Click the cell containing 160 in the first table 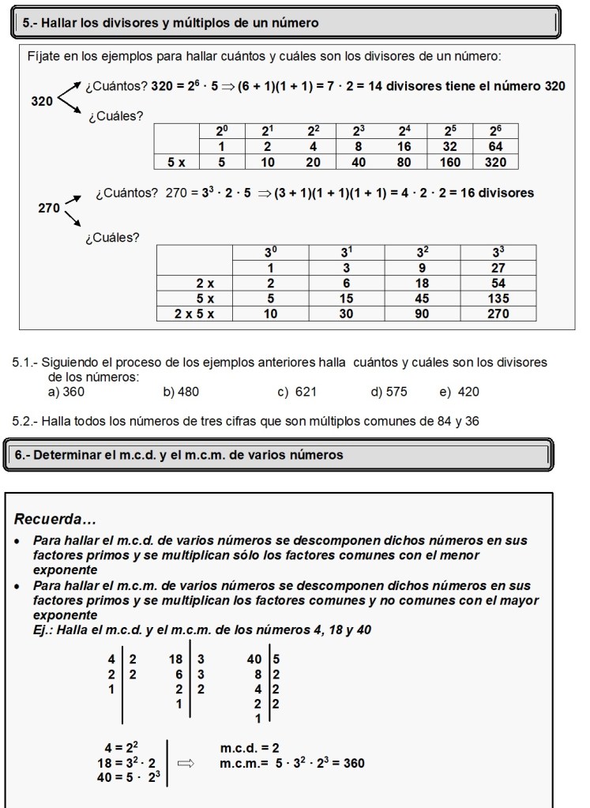coord(450,162)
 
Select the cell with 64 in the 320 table coord(496,148)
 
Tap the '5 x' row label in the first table coord(176,162)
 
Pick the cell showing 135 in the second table coord(498,299)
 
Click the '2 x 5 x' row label coord(195,314)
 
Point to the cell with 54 coord(498,284)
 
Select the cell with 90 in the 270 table coord(422,314)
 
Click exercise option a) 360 coord(66,392)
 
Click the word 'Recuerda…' coord(55,520)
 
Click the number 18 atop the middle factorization coord(176,659)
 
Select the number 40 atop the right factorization coord(254,659)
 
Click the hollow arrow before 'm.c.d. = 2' coord(186,764)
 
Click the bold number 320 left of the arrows coord(42,101)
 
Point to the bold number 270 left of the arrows coord(49,209)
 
